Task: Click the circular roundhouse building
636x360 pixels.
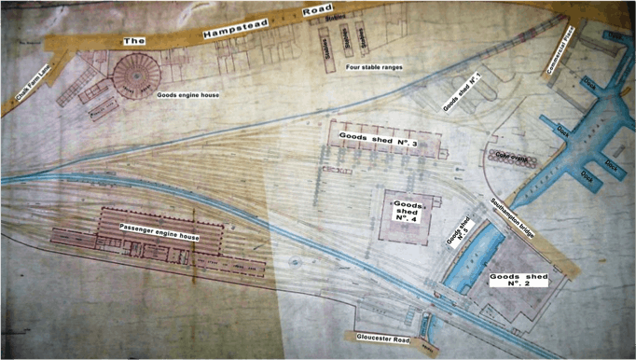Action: [134, 71]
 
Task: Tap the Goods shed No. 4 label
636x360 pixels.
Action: [410, 210]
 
